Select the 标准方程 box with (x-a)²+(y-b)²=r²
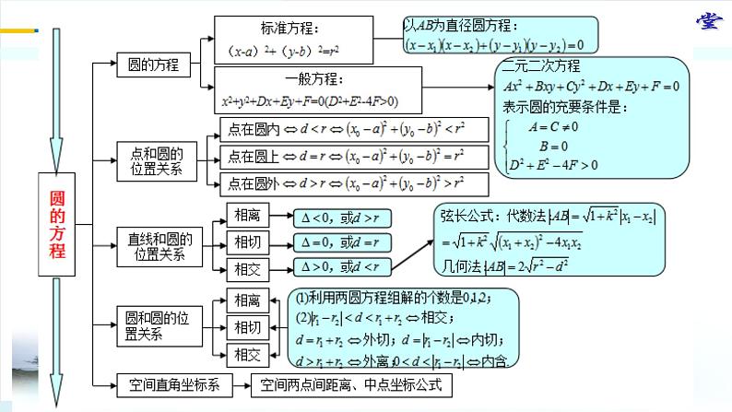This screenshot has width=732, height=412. [x=287, y=41]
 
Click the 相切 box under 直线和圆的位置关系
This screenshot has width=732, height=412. [x=247, y=243]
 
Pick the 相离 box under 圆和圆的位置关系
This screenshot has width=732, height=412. [x=247, y=300]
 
